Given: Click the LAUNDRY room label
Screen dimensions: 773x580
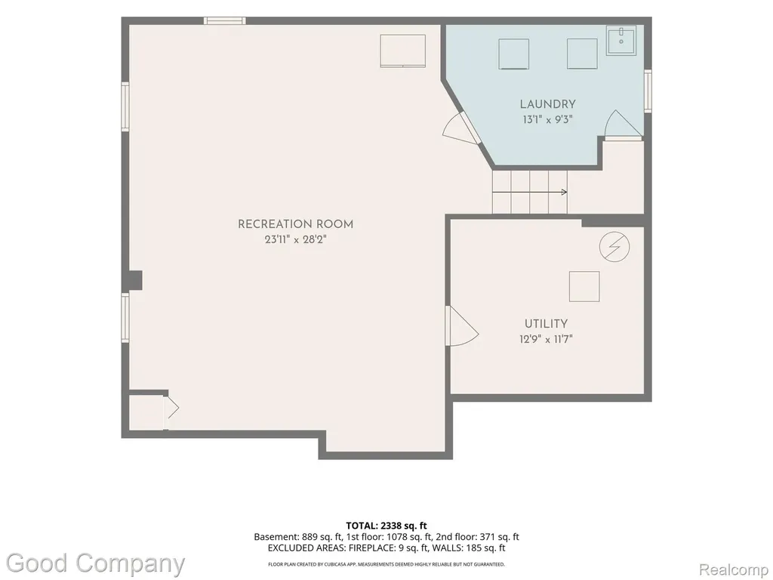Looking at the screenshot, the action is coord(548,104).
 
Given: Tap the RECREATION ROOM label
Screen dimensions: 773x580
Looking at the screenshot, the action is coord(295,224).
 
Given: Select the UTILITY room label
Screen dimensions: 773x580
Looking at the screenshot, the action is coord(546,324).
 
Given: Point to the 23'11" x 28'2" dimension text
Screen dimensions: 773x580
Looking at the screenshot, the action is coord(295,240).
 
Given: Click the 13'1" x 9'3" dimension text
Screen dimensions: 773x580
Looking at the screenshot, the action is coord(548,119).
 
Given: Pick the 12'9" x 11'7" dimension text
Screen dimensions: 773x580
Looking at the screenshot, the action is coord(546,339).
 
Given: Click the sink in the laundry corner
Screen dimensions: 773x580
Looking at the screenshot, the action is coord(621,41).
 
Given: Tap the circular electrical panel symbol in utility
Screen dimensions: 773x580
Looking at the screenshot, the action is coord(614,246).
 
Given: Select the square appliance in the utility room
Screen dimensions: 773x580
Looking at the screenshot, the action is coord(584,286).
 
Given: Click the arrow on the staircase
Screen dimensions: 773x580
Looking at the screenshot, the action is coord(530,192).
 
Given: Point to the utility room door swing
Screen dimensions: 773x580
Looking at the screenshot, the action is coord(462,326).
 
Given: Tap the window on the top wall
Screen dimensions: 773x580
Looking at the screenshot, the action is coord(225,20).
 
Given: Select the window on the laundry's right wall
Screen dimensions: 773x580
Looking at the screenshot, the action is coord(648,91).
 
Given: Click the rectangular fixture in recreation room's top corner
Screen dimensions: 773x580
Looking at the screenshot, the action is coord(403,51).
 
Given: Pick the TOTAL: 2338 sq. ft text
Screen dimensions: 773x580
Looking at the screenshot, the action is coord(386,526).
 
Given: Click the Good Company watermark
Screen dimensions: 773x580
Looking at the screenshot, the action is coord(96,563).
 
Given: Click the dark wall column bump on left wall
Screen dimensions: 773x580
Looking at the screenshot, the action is coord(135,280).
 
